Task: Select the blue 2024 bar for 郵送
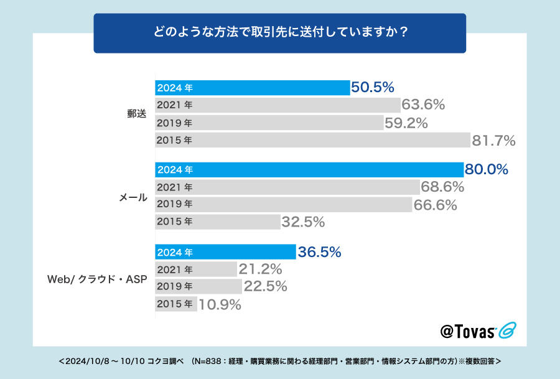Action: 252,88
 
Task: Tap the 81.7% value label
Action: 493,141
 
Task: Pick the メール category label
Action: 133,197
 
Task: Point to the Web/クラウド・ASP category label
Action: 97,279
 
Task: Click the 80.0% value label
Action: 487,169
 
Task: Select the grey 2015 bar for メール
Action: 217,221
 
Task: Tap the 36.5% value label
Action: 319,252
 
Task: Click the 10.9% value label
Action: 220,304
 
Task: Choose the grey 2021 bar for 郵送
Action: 277,105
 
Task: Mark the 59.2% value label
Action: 406,123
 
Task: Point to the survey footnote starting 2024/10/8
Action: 280,361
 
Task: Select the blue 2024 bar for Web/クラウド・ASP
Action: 225,252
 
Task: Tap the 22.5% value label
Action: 265,287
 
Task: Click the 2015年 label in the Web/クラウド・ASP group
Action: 175,304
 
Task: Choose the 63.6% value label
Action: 423,105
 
